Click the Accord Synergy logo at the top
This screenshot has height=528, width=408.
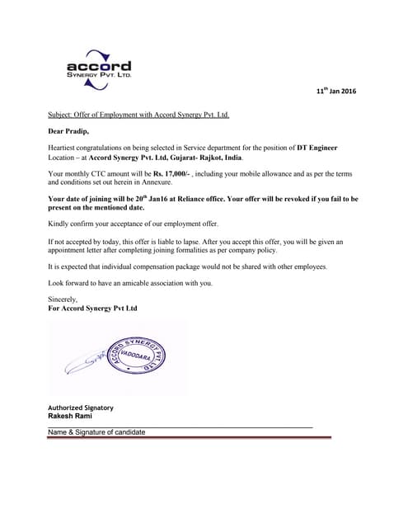(98, 66)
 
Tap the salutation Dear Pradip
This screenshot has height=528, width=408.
(71, 130)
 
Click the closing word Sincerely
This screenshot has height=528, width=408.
(63, 299)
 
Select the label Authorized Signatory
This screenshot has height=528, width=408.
(81, 408)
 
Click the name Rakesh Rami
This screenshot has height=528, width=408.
(70, 417)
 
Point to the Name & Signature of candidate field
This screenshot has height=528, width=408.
(96, 432)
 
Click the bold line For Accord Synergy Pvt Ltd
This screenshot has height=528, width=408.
(93, 308)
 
